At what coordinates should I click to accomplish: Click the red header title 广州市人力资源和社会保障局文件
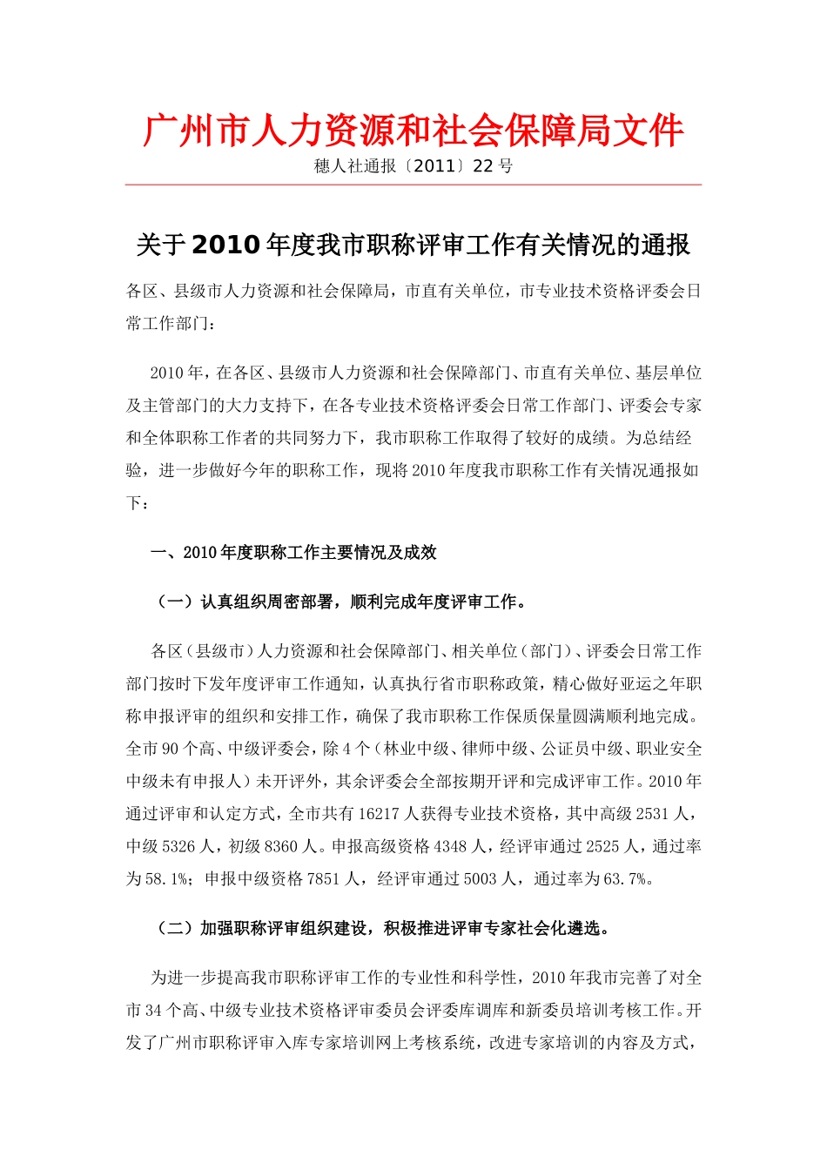tap(413, 131)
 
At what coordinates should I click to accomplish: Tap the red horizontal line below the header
tap(413, 185)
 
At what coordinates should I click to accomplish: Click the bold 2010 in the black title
tap(225, 245)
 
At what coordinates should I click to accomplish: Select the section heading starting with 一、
tap(293, 553)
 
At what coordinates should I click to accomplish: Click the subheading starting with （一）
tap(341, 602)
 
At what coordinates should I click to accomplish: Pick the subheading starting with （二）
tap(383, 929)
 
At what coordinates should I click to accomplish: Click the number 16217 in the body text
tap(376, 814)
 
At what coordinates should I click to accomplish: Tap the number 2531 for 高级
tap(653, 814)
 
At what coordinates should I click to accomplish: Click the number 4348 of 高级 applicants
tap(451, 846)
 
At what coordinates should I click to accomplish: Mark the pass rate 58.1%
tap(167, 879)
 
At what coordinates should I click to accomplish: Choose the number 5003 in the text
tap(480, 879)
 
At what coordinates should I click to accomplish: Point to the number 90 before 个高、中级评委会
tap(171, 749)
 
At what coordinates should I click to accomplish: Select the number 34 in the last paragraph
tap(154, 1011)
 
